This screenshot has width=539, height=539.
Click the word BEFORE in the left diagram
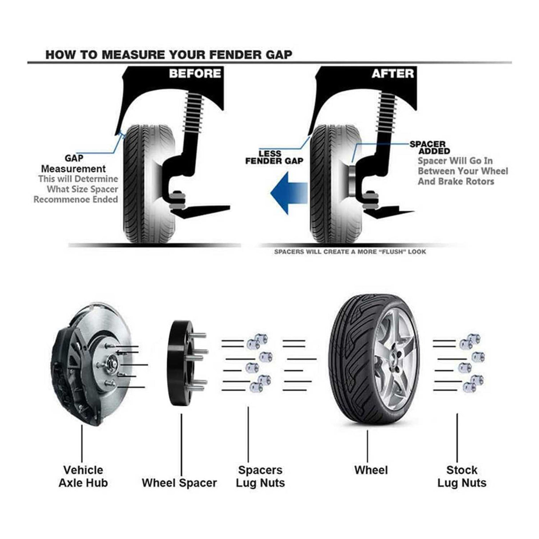click(x=195, y=73)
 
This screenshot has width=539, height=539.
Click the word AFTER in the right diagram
click(x=392, y=73)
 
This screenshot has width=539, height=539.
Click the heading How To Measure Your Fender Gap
click(x=169, y=55)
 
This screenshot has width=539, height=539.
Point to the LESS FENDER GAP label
click(x=274, y=157)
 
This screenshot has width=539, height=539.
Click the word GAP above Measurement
click(x=74, y=158)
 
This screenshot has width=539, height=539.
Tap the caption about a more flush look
click(x=350, y=252)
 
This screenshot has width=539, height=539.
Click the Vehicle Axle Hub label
click(x=83, y=476)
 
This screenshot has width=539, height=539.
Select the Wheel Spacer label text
click(x=179, y=483)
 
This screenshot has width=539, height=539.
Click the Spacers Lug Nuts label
click(x=260, y=476)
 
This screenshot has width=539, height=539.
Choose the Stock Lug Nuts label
click(x=462, y=476)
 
